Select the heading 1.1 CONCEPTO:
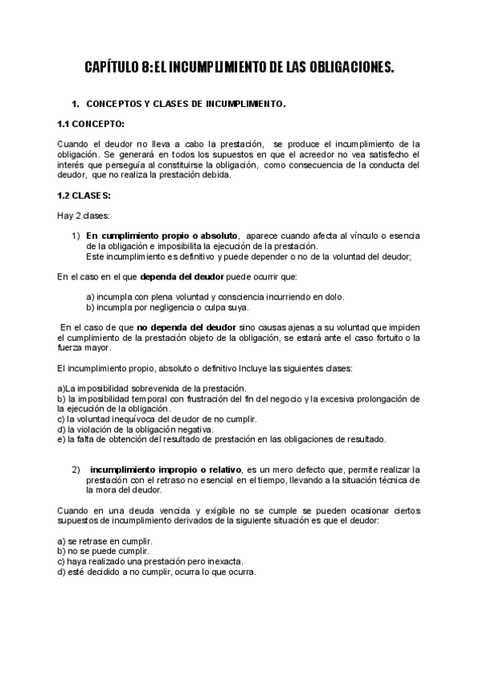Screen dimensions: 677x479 pos(90,124)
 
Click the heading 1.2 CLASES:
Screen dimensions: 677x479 pos(84,196)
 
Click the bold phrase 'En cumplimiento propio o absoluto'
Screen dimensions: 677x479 pos(162,236)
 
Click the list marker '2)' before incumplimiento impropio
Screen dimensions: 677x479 pos(76,469)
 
